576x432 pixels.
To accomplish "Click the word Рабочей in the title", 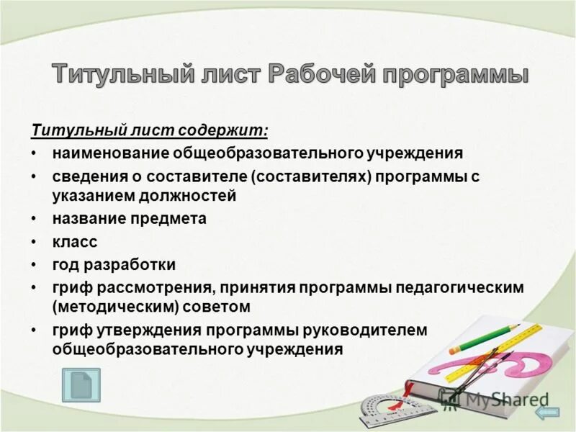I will pos(315,75).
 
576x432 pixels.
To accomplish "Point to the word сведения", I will pos(82,176).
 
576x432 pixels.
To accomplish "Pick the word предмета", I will pos(174,218).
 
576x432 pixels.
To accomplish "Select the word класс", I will pos(74,242).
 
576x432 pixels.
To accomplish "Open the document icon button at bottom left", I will pos(81,385).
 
